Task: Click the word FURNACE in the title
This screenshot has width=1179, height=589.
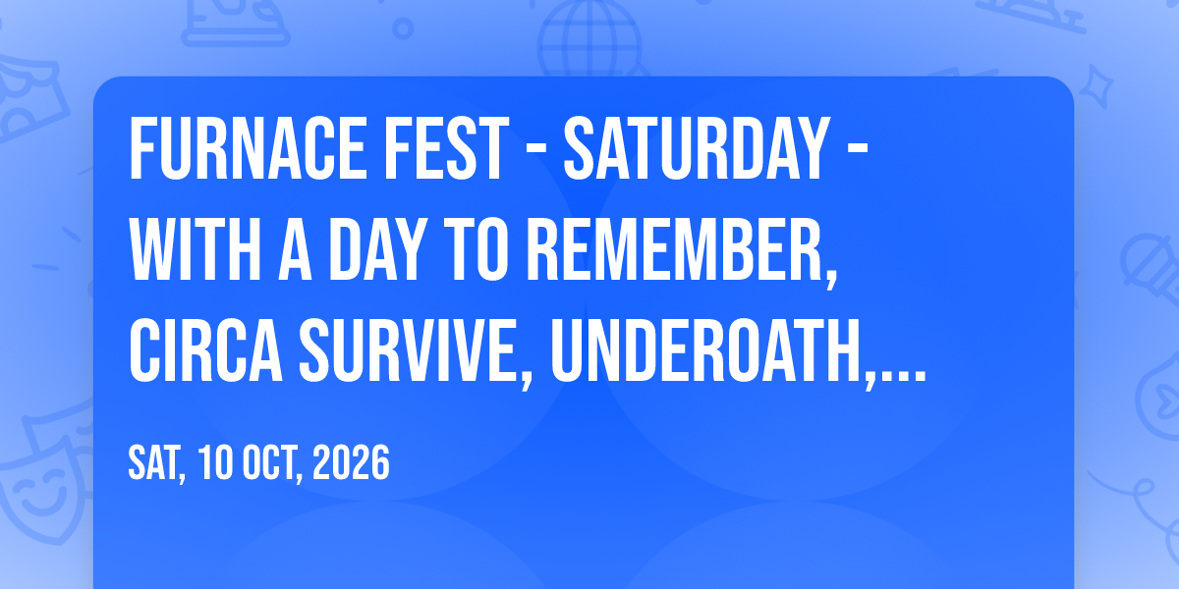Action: [x=248, y=149]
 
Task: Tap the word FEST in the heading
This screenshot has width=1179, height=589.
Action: [x=446, y=149]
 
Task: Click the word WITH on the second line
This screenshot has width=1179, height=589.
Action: [x=195, y=249]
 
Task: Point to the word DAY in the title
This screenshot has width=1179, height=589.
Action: [x=375, y=249]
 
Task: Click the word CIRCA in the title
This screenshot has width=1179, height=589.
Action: [x=205, y=350]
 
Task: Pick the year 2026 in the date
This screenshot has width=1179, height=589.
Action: [x=351, y=462]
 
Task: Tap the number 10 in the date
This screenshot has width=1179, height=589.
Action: [x=216, y=462]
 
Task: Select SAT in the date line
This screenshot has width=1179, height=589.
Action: [x=157, y=463]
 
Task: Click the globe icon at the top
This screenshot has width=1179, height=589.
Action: [x=590, y=38]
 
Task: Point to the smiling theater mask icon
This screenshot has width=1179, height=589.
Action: [x=43, y=489]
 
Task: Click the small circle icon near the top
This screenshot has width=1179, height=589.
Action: [x=403, y=28]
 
